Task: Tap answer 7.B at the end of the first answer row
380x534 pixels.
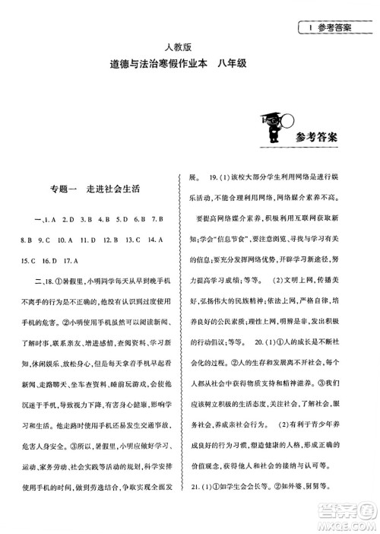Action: [160, 221]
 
